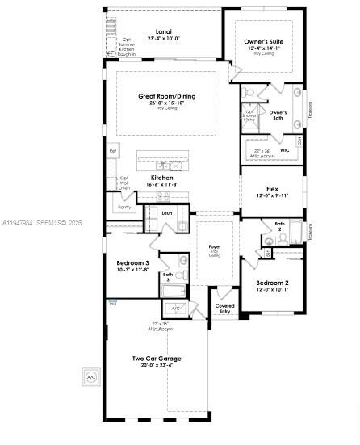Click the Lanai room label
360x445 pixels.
click(x=163, y=32)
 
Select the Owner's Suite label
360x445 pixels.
click(x=264, y=41)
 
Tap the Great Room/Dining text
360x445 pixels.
click(x=166, y=96)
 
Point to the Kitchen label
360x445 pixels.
click(x=162, y=178)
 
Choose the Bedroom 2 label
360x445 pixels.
click(x=272, y=283)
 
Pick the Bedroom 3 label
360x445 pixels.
click(x=132, y=263)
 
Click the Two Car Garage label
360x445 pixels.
click(x=157, y=359)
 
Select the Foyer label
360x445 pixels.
click(x=215, y=246)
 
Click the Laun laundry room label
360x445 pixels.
click(x=167, y=213)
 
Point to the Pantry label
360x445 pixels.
click(x=124, y=208)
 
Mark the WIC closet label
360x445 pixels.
click(x=284, y=150)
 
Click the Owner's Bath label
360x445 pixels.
click(x=278, y=115)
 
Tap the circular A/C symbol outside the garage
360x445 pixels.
click(x=91, y=377)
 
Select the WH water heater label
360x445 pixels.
click(x=112, y=304)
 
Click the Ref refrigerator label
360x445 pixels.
click(x=113, y=150)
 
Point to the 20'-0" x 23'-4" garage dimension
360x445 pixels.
click(x=157, y=366)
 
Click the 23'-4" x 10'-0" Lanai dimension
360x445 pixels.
click(x=163, y=40)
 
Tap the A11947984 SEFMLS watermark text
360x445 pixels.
click(x=41, y=223)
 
